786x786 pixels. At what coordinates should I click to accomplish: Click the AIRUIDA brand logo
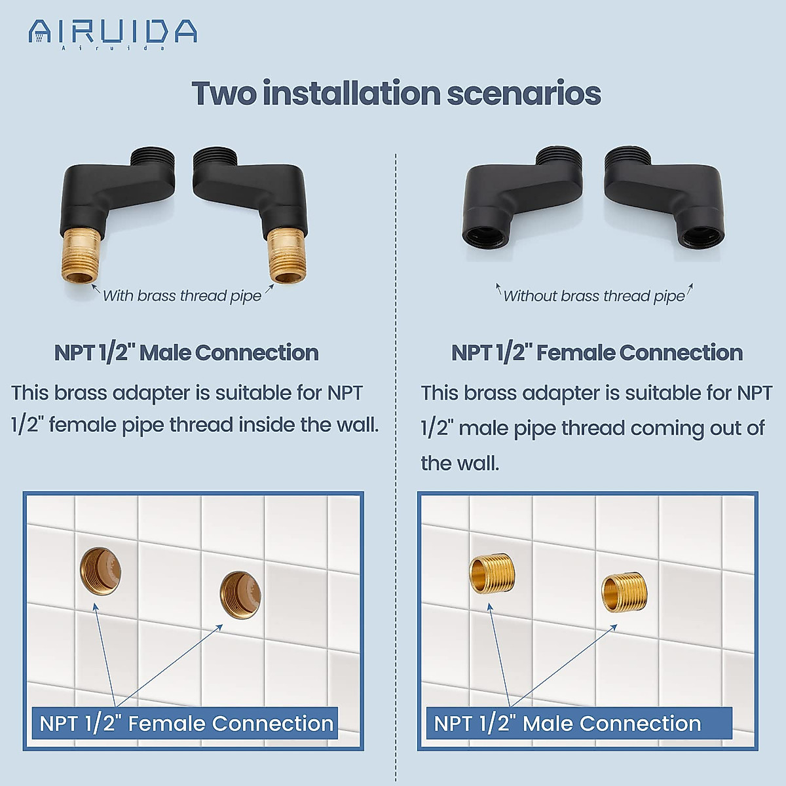coord(113,33)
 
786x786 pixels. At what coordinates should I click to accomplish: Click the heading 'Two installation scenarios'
coord(396,93)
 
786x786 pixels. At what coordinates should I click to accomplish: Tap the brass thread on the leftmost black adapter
coord(81,255)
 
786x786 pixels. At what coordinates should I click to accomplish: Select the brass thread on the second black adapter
coord(286,255)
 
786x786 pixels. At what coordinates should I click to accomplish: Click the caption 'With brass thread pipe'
coord(181,296)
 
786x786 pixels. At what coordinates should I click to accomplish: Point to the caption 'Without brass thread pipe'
coord(593,296)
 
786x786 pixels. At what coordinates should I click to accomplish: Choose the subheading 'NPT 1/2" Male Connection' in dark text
coord(186,352)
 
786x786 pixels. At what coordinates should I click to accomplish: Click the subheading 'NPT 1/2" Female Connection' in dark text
coord(597,352)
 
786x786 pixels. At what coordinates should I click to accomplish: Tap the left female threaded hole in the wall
coord(100,571)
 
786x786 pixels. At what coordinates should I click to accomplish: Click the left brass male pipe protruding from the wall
coord(492,574)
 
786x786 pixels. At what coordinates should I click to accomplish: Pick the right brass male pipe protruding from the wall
coord(624,593)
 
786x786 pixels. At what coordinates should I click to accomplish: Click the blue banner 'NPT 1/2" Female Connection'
coord(186,723)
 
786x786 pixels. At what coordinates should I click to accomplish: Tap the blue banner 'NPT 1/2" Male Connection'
coord(567,723)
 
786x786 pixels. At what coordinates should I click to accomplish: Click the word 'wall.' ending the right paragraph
coord(460,463)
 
